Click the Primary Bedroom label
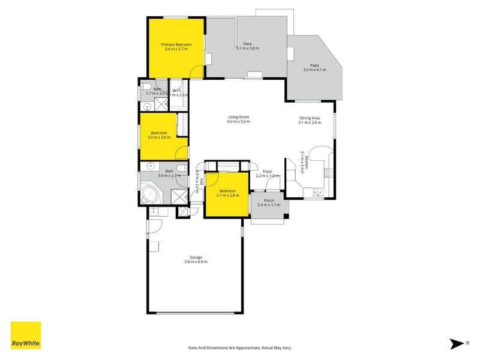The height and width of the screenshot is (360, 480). pyautogui.click(x=176, y=45)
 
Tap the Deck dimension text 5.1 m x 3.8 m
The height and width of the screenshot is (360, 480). pyautogui.click(x=247, y=49)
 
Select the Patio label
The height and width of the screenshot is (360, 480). pyautogui.click(x=314, y=65)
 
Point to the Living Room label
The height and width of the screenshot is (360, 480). pyautogui.click(x=238, y=117)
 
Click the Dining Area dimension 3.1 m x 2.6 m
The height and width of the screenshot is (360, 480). pyautogui.click(x=310, y=122)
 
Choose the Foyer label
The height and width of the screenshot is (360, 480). pyautogui.click(x=268, y=172)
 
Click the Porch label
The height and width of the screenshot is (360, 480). pyautogui.click(x=269, y=200)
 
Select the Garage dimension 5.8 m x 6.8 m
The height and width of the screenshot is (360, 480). pyautogui.click(x=196, y=262)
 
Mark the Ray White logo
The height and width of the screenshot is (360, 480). pyautogui.click(x=26, y=336)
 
